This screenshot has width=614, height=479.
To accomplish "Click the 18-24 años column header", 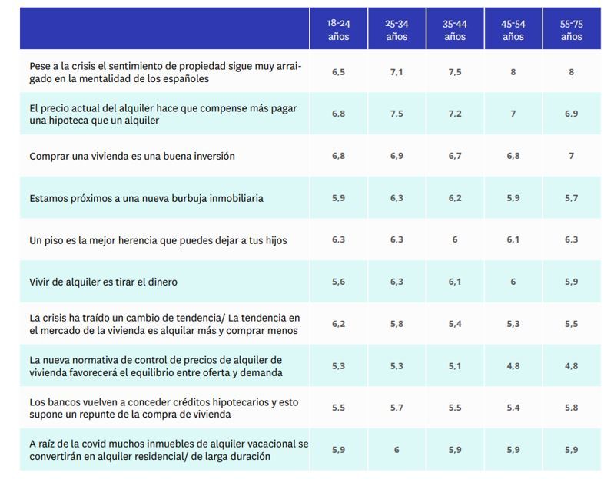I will click(x=338, y=30).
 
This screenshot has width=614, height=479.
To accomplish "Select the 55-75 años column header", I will click(x=571, y=30).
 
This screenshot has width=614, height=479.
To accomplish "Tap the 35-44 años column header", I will click(x=454, y=30).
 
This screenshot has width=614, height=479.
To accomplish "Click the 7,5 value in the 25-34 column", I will click(x=397, y=114).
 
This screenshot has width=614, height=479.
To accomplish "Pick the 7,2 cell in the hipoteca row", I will click(x=454, y=114).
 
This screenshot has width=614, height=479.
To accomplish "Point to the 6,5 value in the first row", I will click(x=338, y=71).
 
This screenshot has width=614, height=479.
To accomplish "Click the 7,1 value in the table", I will click(x=397, y=71).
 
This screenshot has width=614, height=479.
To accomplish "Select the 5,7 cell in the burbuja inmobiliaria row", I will click(x=571, y=197).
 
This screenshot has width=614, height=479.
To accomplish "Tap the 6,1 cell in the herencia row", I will click(x=513, y=240).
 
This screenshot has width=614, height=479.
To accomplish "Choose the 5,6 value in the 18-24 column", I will click(x=338, y=282).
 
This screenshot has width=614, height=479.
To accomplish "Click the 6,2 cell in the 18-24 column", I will click(x=338, y=324).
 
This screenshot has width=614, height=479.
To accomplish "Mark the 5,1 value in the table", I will click(x=454, y=366).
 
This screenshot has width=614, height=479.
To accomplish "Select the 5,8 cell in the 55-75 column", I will click(x=571, y=408).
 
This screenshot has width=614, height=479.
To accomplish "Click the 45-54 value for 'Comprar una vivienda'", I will click(x=513, y=156).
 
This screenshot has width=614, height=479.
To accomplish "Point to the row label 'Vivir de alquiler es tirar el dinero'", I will click(x=103, y=282).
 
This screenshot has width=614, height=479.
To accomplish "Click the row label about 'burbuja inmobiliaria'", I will click(x=146, y=198).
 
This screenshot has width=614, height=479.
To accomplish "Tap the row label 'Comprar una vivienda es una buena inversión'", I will click(x=131, y=156).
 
